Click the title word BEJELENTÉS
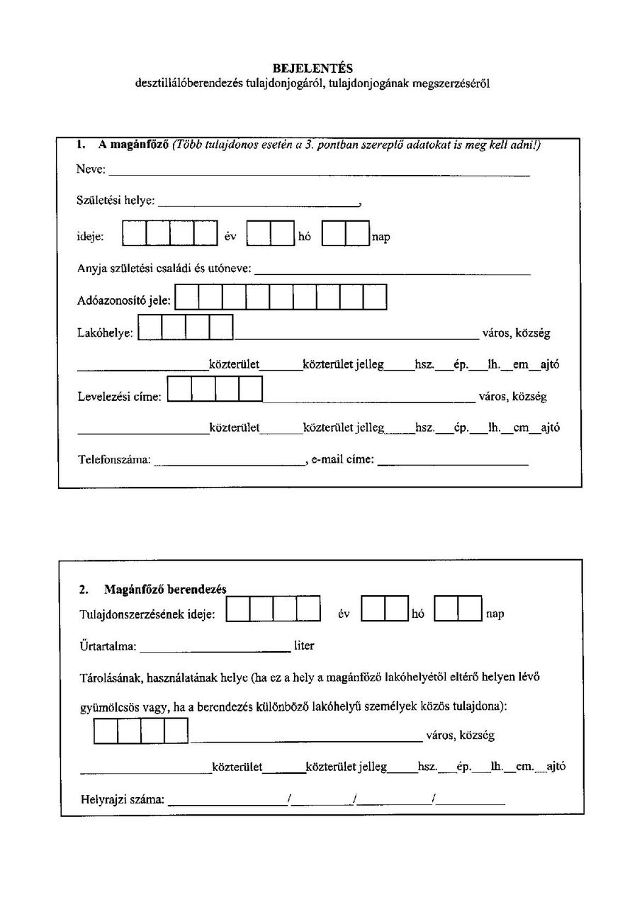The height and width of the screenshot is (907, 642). (312, 68)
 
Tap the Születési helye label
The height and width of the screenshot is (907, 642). (116, 201)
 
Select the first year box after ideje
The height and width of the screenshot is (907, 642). (135, 234)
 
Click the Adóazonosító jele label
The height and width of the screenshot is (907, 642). (123, 300)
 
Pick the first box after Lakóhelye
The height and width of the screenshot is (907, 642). (150, 327)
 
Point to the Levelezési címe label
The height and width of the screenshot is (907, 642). (119, 397)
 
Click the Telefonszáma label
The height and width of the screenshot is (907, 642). (114, 459)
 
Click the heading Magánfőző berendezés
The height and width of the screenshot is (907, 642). (164, 589)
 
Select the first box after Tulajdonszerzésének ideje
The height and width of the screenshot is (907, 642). (238, 609)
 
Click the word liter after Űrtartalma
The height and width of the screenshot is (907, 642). (304, 646)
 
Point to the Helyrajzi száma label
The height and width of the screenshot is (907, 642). (122, 801)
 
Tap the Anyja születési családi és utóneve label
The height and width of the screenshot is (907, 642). (164, 269)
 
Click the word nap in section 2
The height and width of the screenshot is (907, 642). (495, 614)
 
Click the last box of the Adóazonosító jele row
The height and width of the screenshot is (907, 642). (375, 297)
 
